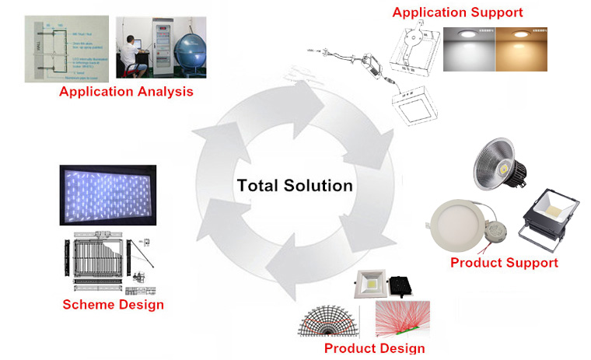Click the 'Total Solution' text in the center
pos(295,186)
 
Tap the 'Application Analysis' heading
pos(126,93)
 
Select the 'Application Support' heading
pos(457,12)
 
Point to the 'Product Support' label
pos(504,262)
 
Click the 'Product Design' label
pos(374,348)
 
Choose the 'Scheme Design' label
pos(113,304)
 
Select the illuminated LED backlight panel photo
pos(109,197)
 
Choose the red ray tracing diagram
pos(402,319)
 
